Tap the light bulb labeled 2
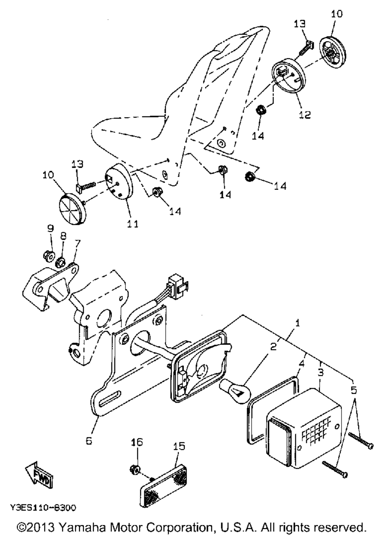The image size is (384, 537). tap(235, 388)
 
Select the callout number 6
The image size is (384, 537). tap(89, 441)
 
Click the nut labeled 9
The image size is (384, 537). tap(48, 255)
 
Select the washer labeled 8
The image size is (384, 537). tap(61, 263)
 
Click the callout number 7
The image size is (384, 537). tap(78, 243)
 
